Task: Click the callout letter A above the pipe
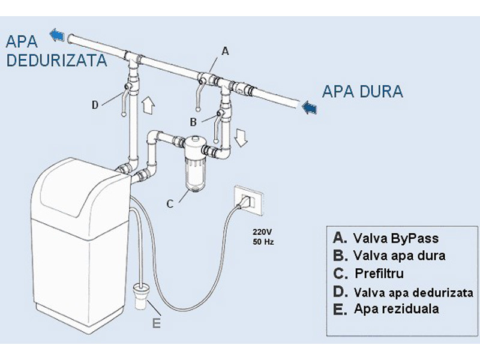pyautogui.click(x=225, y=52)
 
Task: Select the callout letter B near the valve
pyautogui.click(x=193, y=122)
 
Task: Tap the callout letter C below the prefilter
pyautogui.click(x=170, y=204)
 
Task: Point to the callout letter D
pyautogui.click(x=95, y=105)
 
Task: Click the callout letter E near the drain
pyautogui.click(x=156, y=323)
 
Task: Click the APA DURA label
pyautogui.click(x=362, y=92)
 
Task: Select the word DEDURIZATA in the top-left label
pyautogui.click(x=56, y=60)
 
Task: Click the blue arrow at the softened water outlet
pyautogui.click(x=58, y=34)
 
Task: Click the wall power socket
pyautogui.click(x=247, y=200)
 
